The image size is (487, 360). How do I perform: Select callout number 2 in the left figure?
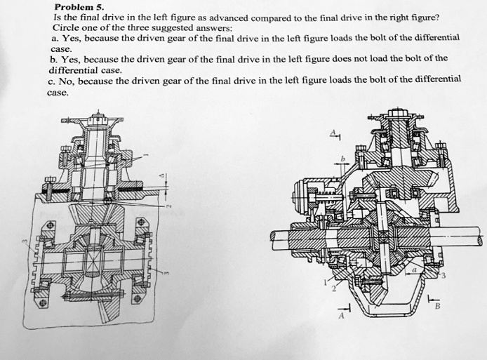click(x=167, y=205)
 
